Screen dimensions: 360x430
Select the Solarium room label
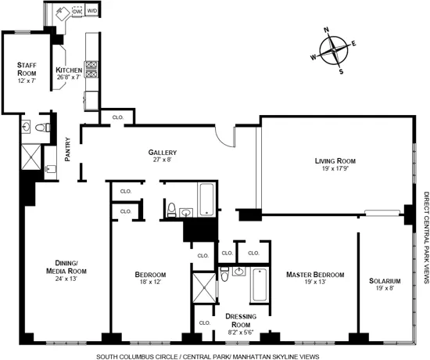tap(385, 281)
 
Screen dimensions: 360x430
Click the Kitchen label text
tap(70, 70)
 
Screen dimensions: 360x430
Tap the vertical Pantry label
tap(68, 148)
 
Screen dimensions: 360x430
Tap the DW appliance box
tap(77, 12)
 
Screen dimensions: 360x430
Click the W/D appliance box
tap(92, 12)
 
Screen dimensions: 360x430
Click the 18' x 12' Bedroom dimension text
tap(150, 283)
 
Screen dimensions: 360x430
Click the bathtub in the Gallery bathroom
tap(207, 200)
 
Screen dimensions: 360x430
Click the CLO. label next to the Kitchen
tap(118, 117)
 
